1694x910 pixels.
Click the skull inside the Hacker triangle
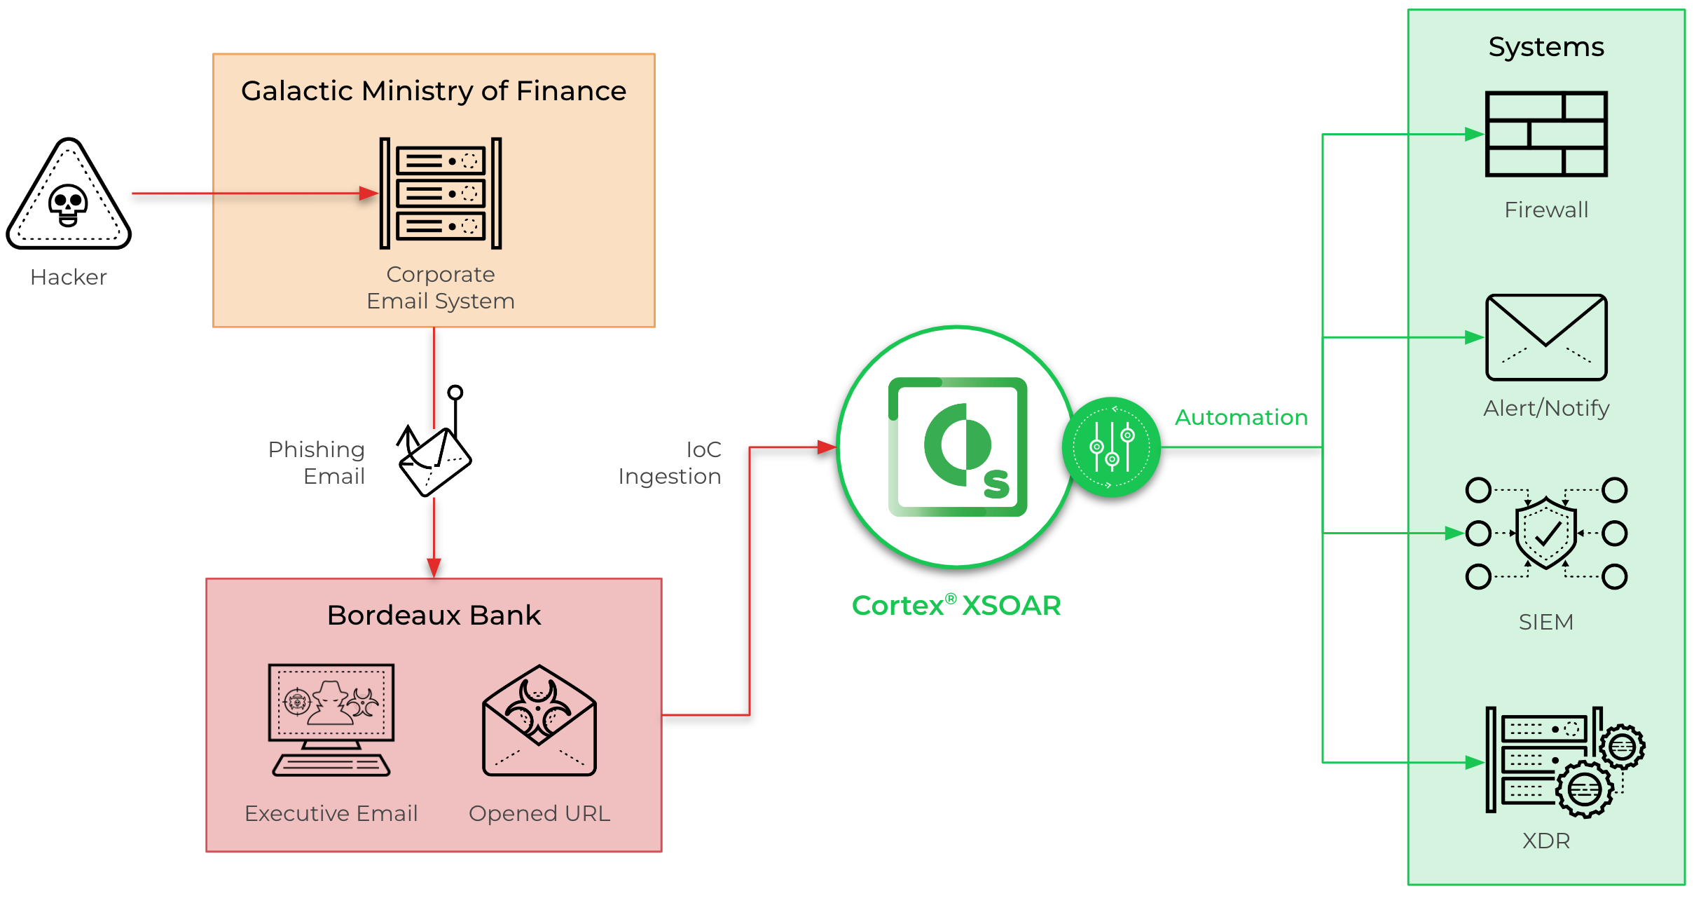click(x=68, y=205)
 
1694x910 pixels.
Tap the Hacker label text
click(x=69, y=278)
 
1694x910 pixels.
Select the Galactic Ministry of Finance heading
click(x=434, y=91)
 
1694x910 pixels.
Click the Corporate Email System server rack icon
click(x=441, y=193)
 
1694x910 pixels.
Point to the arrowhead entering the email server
click(x=369, y=193)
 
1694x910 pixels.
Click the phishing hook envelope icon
click(x=434, y=456)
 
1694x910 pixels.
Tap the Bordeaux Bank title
click(x=434, y=616)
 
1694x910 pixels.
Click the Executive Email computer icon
click(x=331, y=719)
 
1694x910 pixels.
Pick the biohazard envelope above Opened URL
click(x=539, y=722)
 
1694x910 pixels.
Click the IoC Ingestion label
click(x=670, y=463)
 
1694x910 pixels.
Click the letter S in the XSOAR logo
click(x=996, y=484)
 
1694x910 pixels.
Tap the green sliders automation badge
click(x=1111, y=447)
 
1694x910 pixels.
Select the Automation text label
click(x=1241, y=418)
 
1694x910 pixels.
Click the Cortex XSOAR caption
click(x=956, y=606)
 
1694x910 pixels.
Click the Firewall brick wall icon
click(x=1545, y=134)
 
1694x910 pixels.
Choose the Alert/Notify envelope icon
click(x=1545, y=337)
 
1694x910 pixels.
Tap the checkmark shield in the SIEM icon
click(x=1545, y=534)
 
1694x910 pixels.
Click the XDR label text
click(x=1545, y=841)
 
